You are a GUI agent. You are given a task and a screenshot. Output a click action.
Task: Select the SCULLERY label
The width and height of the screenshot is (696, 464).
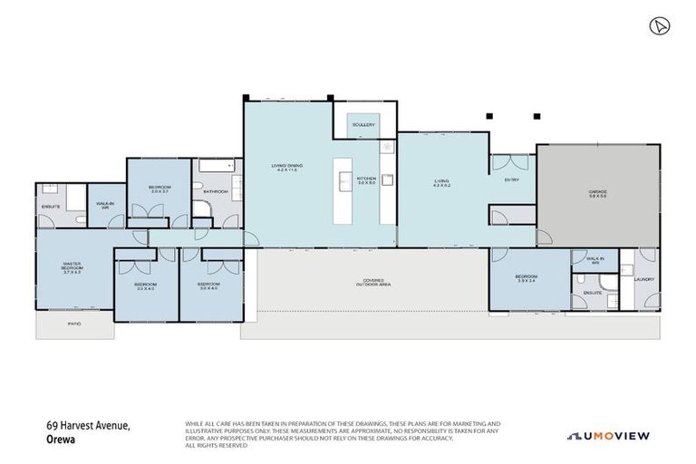tap(364, 124)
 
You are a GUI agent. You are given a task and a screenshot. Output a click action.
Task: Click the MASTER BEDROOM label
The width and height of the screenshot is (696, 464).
tap(72, 268)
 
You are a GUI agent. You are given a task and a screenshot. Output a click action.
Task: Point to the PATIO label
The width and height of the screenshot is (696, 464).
tap(73, 323)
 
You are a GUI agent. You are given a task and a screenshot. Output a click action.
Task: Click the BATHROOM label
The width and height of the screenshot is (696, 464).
tap(215, 191)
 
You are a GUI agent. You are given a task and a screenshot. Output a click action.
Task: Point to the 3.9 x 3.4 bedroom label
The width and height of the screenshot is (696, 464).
tap(528, 279)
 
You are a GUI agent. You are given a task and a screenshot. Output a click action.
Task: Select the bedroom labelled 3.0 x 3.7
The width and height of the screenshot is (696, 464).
tap(159, 189)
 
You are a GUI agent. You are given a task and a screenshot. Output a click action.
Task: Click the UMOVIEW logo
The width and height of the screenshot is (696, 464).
tap(609, 436)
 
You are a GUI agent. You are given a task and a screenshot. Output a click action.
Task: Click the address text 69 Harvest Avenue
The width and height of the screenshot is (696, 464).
tap(90, 424)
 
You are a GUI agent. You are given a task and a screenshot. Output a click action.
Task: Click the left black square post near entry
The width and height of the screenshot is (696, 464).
tap(488, 116)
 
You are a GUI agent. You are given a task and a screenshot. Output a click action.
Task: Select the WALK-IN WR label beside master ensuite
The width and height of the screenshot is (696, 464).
tap(105, 205)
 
